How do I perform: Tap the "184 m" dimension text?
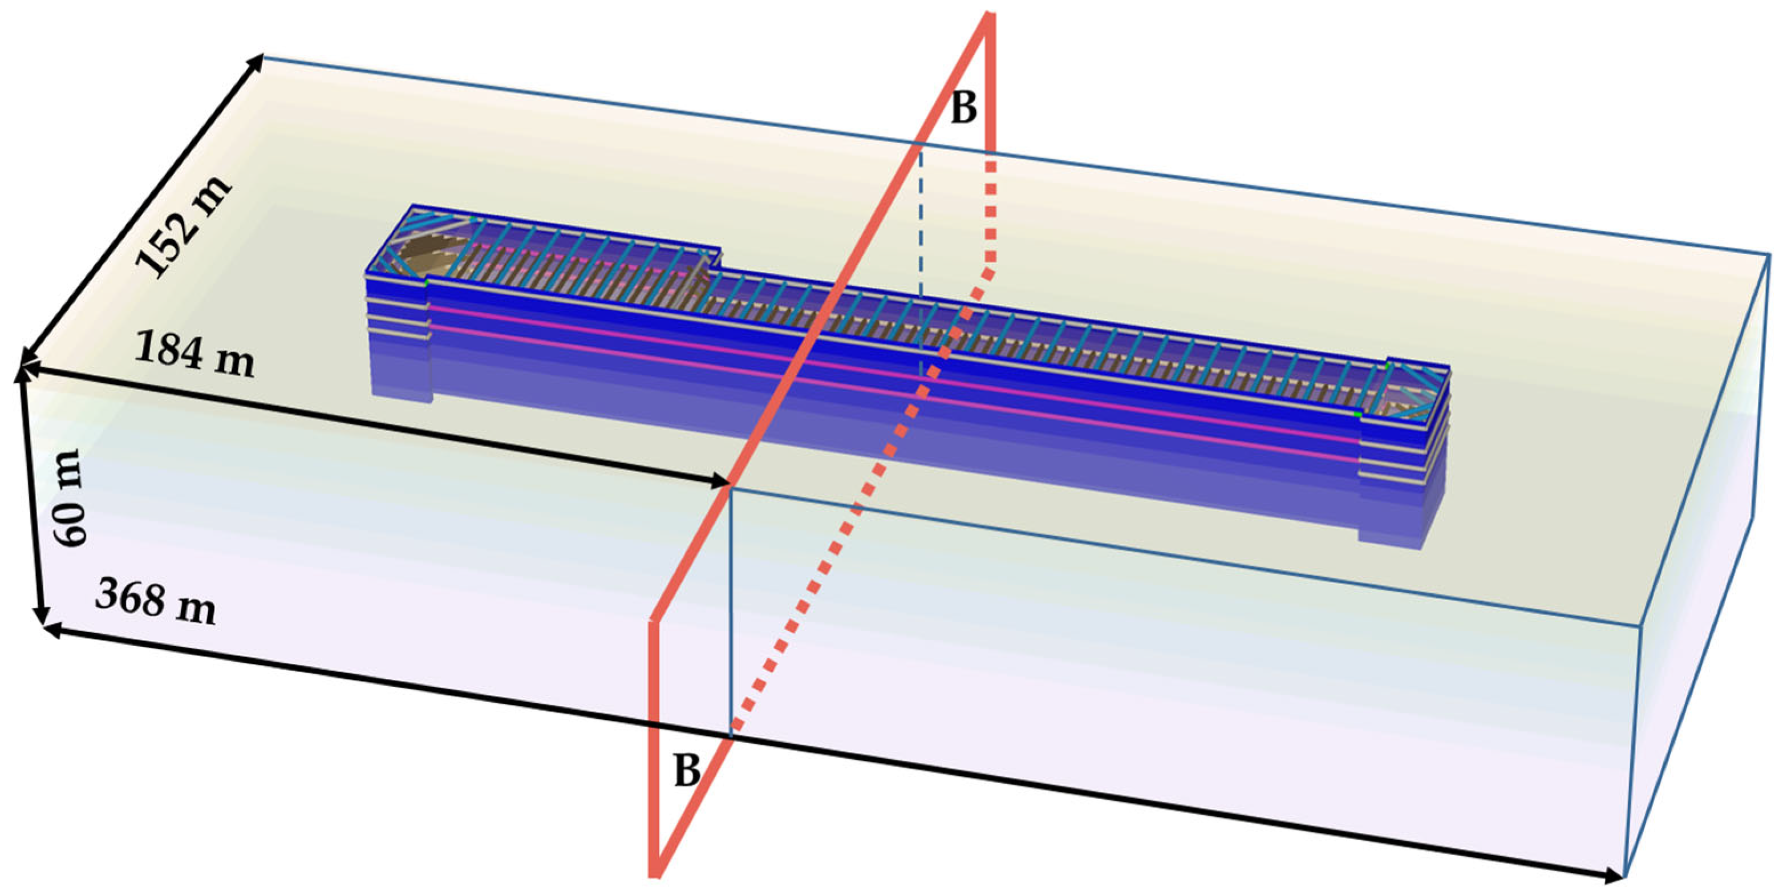[x=194, y=354]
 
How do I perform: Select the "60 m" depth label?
[x=71, y=497]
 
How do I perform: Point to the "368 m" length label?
[x=156, y=601]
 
